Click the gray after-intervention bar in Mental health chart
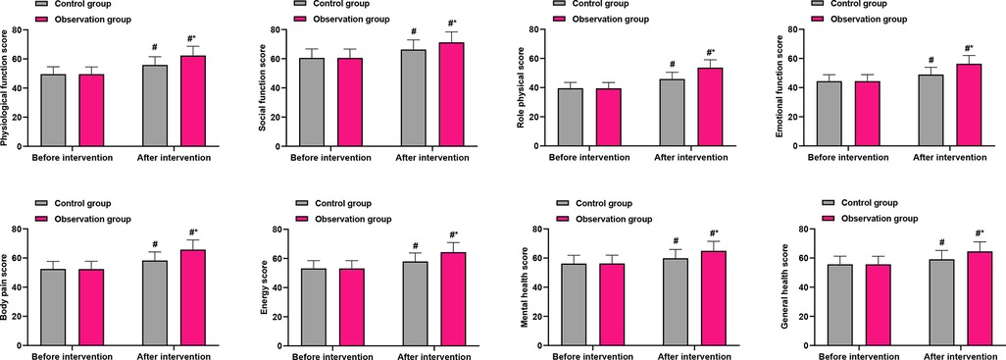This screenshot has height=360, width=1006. [x=674, y=303]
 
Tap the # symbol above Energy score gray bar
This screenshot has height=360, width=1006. [x=415, y=246]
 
